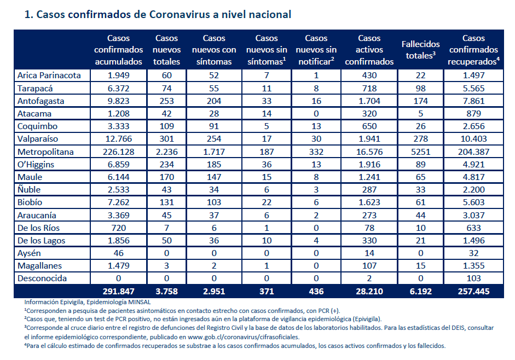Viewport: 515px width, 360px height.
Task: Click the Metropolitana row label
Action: click(45, 152)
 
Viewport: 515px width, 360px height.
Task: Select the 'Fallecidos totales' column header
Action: click(420, 50)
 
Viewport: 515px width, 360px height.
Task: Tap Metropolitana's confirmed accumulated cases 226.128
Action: click(118, 152)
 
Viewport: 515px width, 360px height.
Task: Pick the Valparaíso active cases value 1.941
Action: click(369, 139)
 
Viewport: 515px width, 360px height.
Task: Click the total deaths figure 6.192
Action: click(420, 292)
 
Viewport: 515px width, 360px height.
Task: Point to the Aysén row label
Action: click(29, 253)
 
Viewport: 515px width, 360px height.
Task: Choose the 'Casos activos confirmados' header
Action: click(369, 50)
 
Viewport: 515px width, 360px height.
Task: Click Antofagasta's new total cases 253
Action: click(166, 101)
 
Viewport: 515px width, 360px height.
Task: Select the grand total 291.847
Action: click(118, 292)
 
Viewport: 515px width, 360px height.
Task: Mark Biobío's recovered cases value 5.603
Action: click(473, 202)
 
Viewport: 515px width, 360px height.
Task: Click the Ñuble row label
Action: click(29, 189)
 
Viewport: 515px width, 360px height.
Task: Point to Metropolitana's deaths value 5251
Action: click(420, 152)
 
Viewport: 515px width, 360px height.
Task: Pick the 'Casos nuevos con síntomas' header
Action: click(214, 50)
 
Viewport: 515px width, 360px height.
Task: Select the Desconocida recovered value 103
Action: click(473, 278)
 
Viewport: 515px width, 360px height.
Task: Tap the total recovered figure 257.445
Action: click(473, 292)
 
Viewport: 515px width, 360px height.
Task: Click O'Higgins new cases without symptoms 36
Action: click(267, 165)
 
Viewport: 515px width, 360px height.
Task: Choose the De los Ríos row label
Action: click(38, 228)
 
